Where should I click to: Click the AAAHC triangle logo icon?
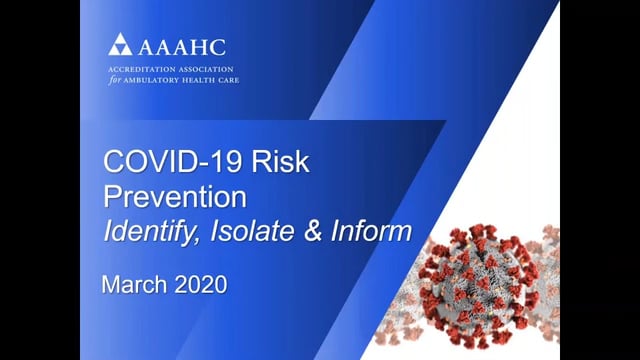120,45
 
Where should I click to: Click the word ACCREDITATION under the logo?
139,68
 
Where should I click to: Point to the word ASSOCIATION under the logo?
206,68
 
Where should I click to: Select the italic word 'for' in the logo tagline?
114,79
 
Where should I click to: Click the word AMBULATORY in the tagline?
151,79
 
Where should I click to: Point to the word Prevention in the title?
164,195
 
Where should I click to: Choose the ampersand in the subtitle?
311,231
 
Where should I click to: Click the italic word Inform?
371,231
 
